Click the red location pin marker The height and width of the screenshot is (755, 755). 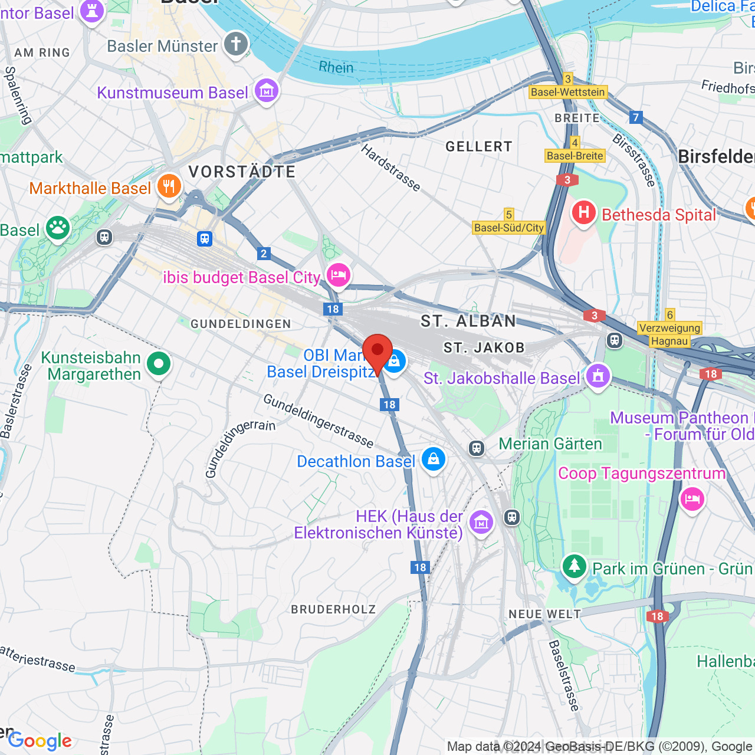coord(377,352)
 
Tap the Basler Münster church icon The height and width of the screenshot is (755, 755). coord(236,44)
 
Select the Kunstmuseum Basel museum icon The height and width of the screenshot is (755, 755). coord(267,91)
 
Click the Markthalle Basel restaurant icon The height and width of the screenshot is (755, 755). coord(169,186)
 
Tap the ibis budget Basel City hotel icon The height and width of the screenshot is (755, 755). coord(339,275)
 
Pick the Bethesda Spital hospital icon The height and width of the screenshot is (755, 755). coord(583,213)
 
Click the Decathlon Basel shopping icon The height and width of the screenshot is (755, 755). coord(434,459)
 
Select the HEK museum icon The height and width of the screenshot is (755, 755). coord(481,522)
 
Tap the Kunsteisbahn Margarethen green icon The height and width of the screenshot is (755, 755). coord(159,364)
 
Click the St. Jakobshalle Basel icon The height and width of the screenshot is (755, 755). coord(598,376)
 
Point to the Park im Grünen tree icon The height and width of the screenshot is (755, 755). coord(574,567)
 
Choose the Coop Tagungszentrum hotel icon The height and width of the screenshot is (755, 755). coord(692,499)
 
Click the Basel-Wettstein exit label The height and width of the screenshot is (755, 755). coord(568,92)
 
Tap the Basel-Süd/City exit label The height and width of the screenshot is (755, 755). coord(509,228)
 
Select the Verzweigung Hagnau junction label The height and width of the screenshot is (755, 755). coord(669,334)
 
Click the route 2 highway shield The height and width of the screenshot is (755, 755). coord(264,254)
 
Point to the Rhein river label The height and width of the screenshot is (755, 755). coord(336,68)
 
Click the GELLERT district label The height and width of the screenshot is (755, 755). coord(479,146)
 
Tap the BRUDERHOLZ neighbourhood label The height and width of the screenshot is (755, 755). coord(333,609)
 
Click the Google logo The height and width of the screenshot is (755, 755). coord(40,741)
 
